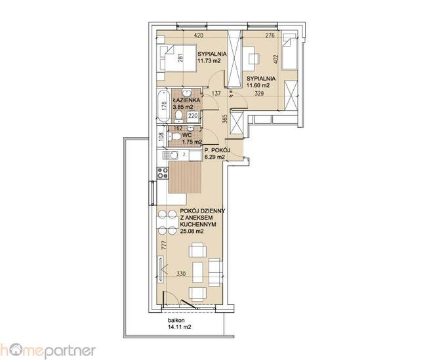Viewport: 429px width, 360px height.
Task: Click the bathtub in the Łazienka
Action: coord(164,106)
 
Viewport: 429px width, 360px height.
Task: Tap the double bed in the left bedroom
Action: coord(177,58)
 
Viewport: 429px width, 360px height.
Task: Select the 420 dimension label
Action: coord(199,35)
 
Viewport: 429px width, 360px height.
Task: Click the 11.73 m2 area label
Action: coord(209,61)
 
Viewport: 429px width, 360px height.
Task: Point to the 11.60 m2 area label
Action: coord(258,85)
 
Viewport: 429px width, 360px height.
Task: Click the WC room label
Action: coord(187,135)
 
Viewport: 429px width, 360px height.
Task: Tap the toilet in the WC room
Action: coord(174,136)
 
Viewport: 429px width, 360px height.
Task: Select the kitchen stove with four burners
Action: coord(162,173)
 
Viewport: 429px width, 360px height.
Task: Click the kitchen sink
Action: coord(170,155)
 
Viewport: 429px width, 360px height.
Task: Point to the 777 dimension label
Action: coord(164,245)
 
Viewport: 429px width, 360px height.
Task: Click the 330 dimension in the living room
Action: coord(181,274)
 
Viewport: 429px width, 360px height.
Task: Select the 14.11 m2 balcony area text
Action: coord(180,327)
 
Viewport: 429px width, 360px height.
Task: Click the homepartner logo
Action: coord(48,351)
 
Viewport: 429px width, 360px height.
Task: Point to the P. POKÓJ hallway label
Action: coord(218,150)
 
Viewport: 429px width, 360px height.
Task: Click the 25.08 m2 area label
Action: coord(192,231)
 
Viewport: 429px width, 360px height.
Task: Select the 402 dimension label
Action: coord(276,60)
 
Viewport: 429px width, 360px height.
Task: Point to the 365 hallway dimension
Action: coord(224,119)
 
